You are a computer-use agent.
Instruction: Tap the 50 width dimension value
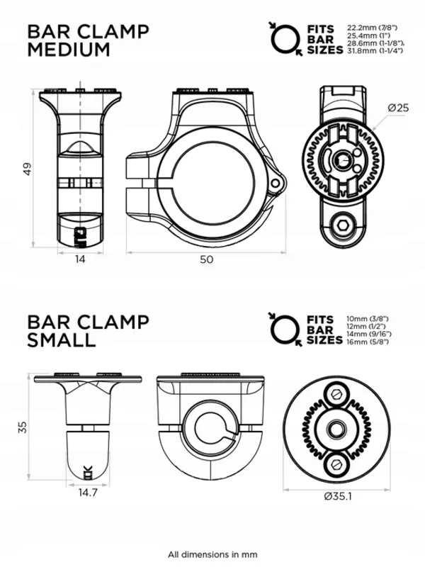pos(206,260)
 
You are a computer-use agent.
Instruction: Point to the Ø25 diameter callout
pos(399,107)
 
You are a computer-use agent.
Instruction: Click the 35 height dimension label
pos(25,427)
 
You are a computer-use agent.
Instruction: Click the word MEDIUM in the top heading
pos(68,50)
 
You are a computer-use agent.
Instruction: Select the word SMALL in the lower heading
pos(61,340)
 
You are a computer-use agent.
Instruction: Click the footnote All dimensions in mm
pos(212,554)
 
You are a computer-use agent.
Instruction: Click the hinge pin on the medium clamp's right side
pos(277,182)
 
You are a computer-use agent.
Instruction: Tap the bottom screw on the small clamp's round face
pos(333,464)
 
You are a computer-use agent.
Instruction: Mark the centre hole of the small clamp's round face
pos(333,428)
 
